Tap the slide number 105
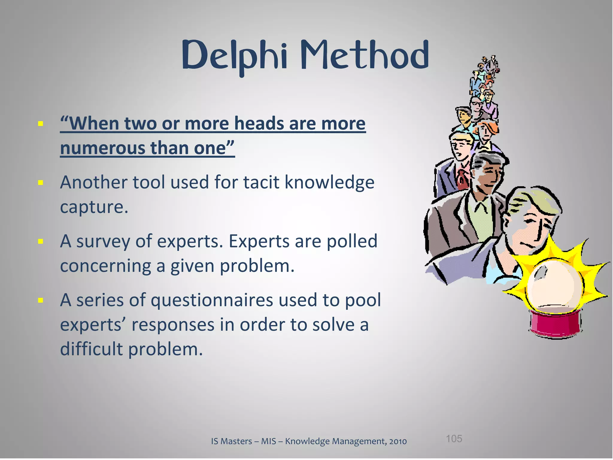click(454, 439)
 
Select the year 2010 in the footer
click(398, 441)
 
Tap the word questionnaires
click(212, 300)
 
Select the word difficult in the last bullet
click(92, 349)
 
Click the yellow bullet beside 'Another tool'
click(41, 182)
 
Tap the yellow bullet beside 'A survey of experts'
click(41, 241)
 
